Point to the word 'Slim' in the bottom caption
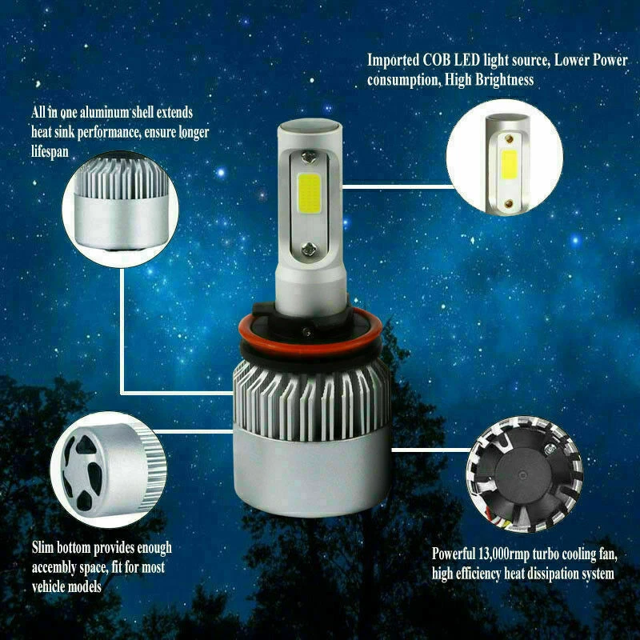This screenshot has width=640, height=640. pyautogui.click(x=45, y=549)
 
